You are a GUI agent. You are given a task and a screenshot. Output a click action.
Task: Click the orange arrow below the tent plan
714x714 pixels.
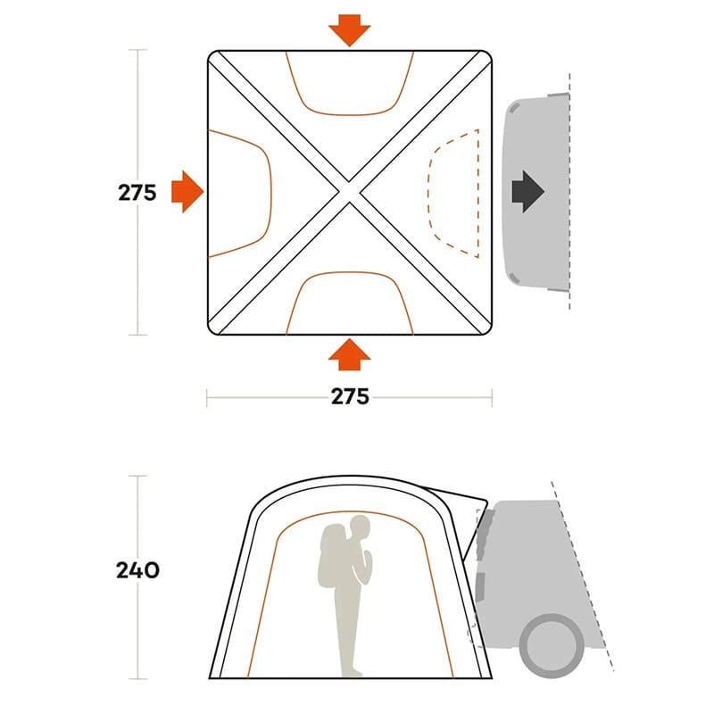(349, 354)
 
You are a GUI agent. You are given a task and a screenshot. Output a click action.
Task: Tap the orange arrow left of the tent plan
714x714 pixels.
(187, 192)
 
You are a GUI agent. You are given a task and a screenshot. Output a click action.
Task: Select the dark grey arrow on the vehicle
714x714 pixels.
(528, 192)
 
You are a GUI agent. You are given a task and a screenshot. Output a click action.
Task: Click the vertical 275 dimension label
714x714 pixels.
(137, 193)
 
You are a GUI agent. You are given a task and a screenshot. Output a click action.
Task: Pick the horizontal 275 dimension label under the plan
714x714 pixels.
(350, 396)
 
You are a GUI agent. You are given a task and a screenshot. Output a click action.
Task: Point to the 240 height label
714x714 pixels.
(137, 570)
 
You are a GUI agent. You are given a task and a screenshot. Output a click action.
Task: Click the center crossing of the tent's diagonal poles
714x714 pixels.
(349, 192)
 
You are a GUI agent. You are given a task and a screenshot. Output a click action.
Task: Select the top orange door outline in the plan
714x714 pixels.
(349, 114)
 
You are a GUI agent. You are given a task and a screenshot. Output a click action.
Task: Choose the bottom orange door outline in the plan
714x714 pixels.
(349, 273)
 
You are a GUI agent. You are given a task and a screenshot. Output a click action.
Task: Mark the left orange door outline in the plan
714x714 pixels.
(270, 193)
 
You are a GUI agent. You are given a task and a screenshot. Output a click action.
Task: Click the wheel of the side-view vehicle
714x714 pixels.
(552, 644)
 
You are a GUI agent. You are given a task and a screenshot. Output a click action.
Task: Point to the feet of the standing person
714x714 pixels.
(352, 673)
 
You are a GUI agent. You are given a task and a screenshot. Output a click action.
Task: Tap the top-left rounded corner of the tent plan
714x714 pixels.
(212, 54)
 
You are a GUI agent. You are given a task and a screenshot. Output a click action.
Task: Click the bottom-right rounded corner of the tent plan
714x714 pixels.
(487, 330)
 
